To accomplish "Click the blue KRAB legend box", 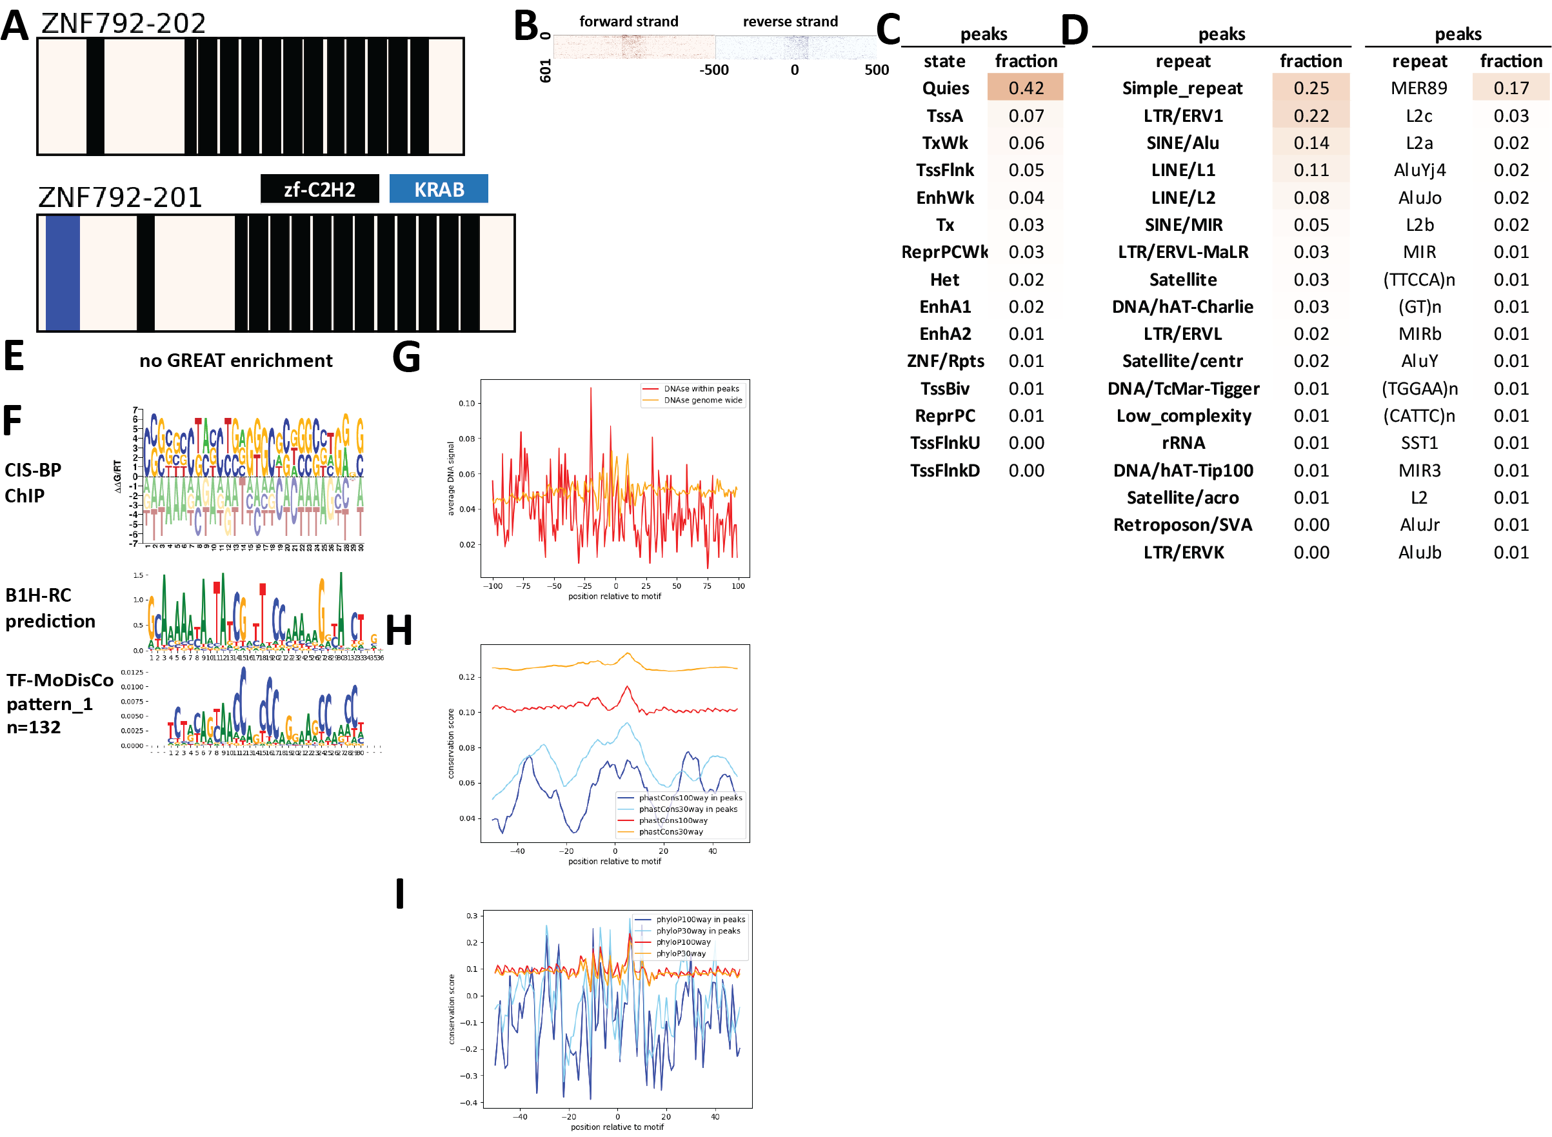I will coord(439,188).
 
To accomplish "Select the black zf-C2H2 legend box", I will coord(319,188).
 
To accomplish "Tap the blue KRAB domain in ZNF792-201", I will coord(62,273).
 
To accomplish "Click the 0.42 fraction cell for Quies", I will coord(1025,88).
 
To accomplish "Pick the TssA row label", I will coord(944,115).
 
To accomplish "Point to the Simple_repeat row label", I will coord(1182,88).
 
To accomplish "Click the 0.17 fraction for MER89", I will coord(1510,88).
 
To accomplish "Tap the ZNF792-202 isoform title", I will coord(123,23).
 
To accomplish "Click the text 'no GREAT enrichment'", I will coord(235,361).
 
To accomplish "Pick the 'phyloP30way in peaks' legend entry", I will coord(697,931).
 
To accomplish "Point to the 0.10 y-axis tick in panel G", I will coord(466,403).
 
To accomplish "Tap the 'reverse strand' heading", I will coord(790,21).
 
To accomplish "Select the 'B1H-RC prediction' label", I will coord(50,608).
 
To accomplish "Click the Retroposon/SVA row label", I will coord(1182,525).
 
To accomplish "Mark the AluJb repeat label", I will coord(1419,553).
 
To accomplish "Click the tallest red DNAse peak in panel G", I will coord(590,390).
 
